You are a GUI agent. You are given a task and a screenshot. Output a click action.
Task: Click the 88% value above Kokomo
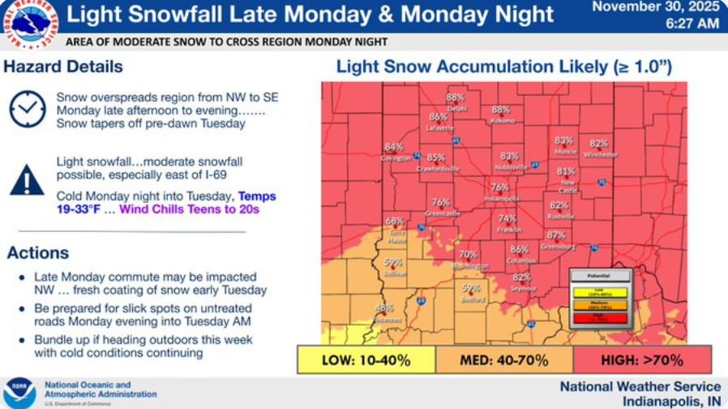coord(501,110)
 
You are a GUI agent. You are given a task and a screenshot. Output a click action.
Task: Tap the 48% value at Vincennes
coord(384,308)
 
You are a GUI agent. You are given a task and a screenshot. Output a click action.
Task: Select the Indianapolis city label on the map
coord(500,198)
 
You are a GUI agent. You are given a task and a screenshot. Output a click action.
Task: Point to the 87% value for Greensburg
coord(556,235)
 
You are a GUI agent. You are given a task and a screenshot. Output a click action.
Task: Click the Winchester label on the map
coord(600,154)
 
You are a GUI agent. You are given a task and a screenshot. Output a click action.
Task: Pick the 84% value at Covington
coord(394,147)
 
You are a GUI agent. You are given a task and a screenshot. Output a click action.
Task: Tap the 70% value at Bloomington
coord(468,255)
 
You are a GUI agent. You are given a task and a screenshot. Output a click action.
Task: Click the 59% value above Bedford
coord(471,288)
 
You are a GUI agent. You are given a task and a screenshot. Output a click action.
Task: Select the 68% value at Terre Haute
coord(394,221)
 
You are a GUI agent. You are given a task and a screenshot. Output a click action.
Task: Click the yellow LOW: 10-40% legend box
coord(366,359)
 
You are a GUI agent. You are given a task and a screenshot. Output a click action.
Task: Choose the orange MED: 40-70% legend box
coord(503,359)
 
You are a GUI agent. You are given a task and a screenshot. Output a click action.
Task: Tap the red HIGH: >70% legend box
coord(642,359)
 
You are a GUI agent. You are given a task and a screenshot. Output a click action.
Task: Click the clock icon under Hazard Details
coord(28,109)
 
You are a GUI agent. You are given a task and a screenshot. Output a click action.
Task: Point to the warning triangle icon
coord(27,180)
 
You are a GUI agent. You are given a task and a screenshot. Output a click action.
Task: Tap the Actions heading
coord(37,253)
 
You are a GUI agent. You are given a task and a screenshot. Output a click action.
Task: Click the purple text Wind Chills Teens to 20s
coord(189,209)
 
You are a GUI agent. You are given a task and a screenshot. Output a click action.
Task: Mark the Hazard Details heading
coord(63,67)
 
